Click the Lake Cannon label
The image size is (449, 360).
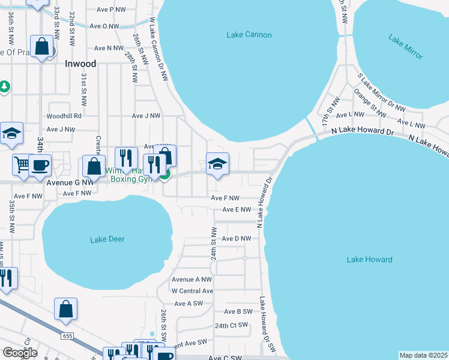point(249,35)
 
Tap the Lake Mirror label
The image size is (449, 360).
point(406,48)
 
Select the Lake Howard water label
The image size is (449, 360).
point(369,260)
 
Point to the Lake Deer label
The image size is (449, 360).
point(107,239)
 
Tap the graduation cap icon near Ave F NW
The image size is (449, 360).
point(217,164)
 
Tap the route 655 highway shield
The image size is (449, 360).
point(67,336)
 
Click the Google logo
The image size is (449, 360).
point(20,353)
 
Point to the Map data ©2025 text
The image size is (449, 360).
point(423,355)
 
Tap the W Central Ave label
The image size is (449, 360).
point(192,291)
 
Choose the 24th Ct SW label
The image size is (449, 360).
point(231,325)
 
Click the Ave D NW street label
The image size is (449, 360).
point(236,239)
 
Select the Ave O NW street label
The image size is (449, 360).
point(104,26)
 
